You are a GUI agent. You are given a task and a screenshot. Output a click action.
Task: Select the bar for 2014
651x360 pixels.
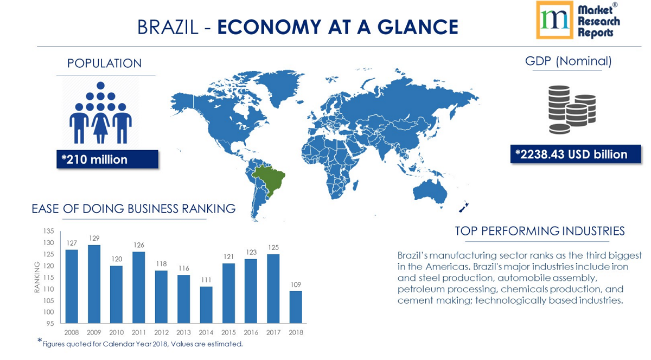pos(206,305)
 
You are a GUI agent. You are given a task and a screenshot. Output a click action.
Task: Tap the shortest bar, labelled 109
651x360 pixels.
pos(295,307)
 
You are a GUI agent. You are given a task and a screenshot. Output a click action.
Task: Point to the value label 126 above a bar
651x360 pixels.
pos(138,245)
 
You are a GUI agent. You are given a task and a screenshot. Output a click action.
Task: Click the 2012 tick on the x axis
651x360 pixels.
pos(161,332)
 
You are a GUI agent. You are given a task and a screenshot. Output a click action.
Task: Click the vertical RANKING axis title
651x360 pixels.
pos(37,277)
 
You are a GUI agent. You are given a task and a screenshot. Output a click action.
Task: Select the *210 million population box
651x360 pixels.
pos(107,159)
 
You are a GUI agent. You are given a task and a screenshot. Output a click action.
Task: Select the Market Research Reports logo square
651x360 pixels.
pos(554,20)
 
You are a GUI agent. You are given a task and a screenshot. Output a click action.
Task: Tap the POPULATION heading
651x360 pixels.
pos(104,63)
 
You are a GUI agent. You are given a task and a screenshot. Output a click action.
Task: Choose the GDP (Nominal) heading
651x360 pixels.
pos(568,61)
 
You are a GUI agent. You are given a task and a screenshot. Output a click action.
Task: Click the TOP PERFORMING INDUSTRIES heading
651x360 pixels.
pos(539,232)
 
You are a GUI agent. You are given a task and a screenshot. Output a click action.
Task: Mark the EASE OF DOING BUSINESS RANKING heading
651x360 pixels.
pos(133,209)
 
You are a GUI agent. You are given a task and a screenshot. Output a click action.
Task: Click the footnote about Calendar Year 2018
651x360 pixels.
pos(142,344)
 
